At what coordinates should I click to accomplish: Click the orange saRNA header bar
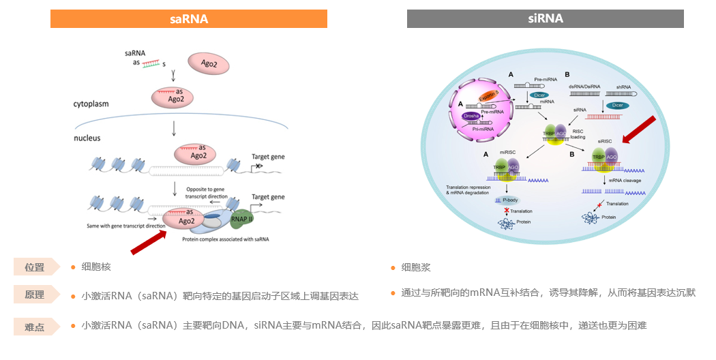pos(189,18)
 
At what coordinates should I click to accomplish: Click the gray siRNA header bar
pos(545,18)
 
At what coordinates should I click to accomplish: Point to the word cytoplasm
pos(92,104)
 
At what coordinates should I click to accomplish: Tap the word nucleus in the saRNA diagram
pos(87,138)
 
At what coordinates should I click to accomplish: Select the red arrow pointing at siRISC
pos(640,130)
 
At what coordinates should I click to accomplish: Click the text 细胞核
pos(95,267)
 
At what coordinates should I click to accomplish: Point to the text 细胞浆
pos(416,267)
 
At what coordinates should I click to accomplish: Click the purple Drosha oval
pos(471,117)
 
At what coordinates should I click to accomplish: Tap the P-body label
pos(510,200)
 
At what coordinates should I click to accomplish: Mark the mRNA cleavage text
pos(625,181)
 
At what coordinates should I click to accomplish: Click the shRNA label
pos(623,87)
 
